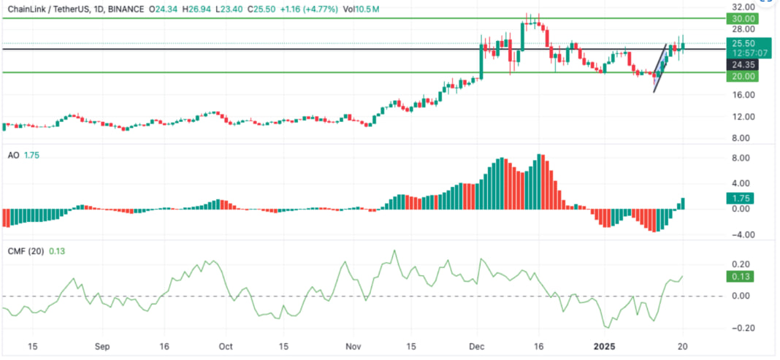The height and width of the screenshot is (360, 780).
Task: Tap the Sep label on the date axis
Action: (x=102, y=348)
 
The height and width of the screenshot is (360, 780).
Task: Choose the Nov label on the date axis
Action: (x=353, y=348)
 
